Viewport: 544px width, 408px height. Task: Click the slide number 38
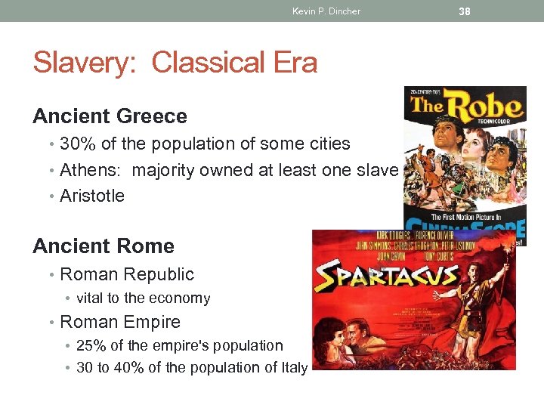click(x=465, y=11)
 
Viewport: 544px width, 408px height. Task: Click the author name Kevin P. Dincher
click(x=326, y=11)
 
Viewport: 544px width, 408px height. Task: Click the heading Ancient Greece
click(x=110, y=116)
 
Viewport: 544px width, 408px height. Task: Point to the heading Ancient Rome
click(x=104, y=246)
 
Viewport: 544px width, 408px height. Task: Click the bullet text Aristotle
click(x=92, y=196)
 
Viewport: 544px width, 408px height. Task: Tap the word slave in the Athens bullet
click(x=376, y=170)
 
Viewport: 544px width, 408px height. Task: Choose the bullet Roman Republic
click(x=127, y=274)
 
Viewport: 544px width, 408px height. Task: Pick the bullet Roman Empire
click(x=120, y=322)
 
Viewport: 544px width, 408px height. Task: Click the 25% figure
click(x=93, y=345)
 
